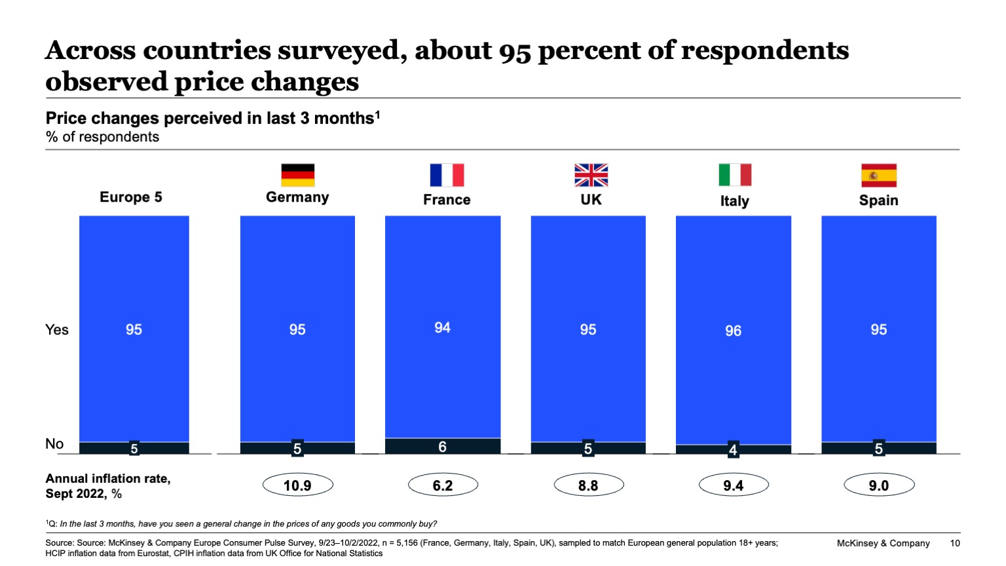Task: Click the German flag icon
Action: tap(297, 175)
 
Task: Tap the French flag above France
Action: tap(447, 175)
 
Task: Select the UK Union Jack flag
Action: tap(591, 175)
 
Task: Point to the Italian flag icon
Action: tap(735, 175)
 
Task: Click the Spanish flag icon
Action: tap(878, 175)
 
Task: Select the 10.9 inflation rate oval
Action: tap(297, 485)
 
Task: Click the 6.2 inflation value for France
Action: tap(443, 485)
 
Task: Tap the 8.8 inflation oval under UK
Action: tap(588, 485)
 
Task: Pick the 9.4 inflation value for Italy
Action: tap(733, 485)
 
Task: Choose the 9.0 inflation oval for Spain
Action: tap(878, 485)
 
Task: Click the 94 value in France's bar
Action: tap(443, 328)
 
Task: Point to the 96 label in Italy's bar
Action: tap(733, 331)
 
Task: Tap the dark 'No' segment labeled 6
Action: tap(443, 446)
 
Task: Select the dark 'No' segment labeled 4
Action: tap(733, 449)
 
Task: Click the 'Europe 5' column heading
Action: tap(131, 197)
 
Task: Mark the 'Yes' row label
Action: tap(57, 330)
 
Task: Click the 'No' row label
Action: tap(54, 443)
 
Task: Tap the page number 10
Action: tap(955, 543)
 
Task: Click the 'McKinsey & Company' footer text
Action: tap(883, 543)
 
